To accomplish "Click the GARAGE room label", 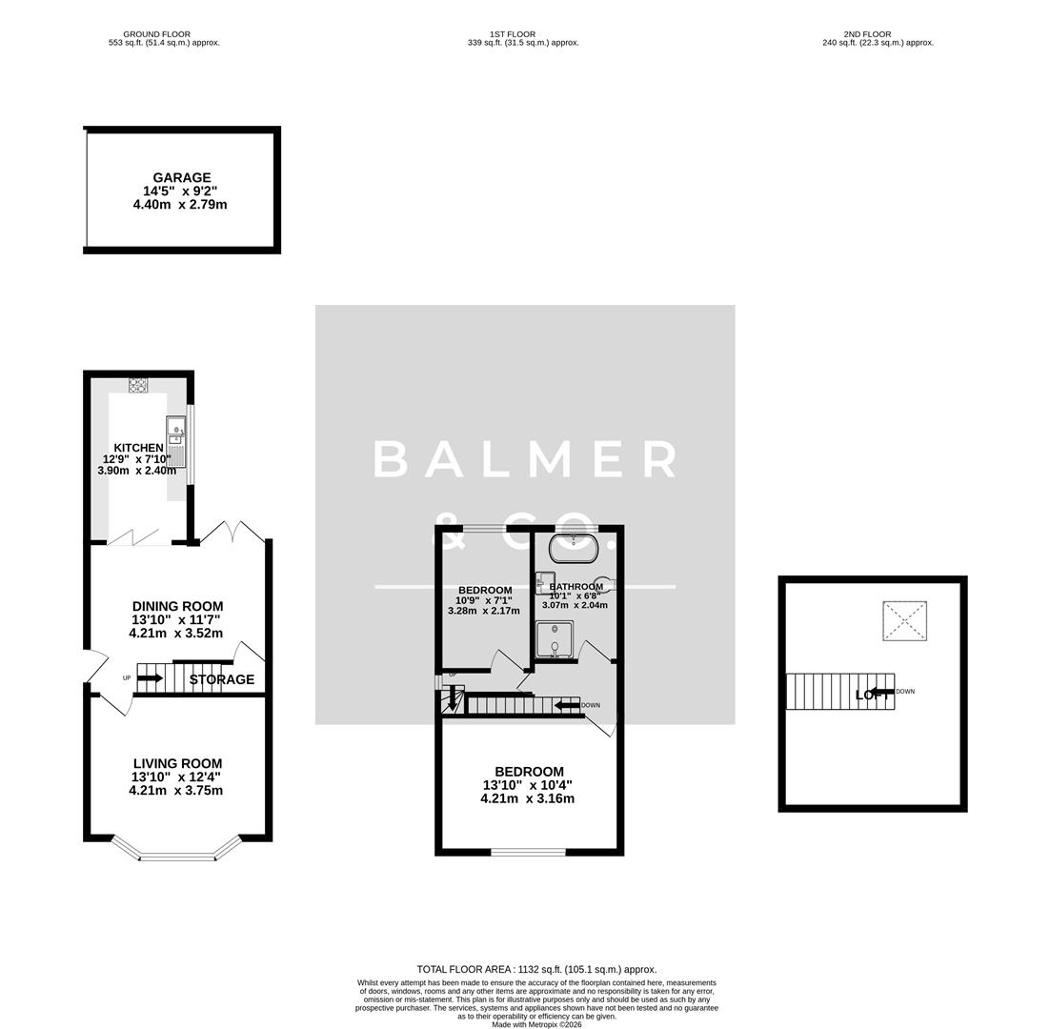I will tap(181, 178).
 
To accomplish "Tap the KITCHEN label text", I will tap(138, 448).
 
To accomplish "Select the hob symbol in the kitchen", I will tap(138, 385).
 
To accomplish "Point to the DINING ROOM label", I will tap(177, 606).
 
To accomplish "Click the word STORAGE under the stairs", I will tap(221, 679).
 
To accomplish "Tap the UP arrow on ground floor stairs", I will tap(150, 678).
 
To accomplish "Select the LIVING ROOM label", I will tap(177, 763).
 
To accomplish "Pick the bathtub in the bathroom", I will tap(573, 549).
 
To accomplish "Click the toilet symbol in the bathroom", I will tap(604, 585).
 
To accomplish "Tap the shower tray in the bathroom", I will tap(555, 639).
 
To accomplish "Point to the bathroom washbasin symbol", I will tap(545, 582).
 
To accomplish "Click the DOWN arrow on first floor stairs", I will tap(569, 705).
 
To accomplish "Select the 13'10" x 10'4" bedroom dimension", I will tap(528, 785).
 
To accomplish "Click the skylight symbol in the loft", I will tap(904, 620).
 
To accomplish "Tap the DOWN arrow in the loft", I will tap(882, 692).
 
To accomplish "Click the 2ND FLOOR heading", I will tap(878, 34).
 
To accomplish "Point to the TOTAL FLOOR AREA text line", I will tap(536, 969).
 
